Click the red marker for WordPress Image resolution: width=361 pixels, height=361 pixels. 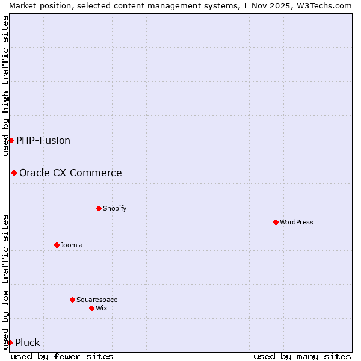pos(276,222)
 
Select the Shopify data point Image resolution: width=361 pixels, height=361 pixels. pos(99,208)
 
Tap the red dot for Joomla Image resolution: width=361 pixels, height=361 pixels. pos(57,245)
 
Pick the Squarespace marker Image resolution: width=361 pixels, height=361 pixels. pos(72,300)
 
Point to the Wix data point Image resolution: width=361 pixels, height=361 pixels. pos(91,308)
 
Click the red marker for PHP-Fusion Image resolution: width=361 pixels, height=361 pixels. pos(11,140)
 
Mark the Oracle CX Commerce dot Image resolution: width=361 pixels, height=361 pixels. pos(14,173)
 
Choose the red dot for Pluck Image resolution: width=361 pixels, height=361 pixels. pos(10,342)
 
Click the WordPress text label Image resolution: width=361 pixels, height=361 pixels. pos(297,222)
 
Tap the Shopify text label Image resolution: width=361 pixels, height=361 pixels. pos(114,208)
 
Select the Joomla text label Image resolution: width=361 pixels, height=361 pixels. pos(72,245)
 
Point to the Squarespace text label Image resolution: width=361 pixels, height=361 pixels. pos(97,300)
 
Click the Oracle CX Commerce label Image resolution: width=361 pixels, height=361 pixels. pos(70,173)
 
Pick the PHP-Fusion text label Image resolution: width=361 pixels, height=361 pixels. pos(43,140)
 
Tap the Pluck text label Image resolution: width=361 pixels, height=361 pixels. pos(28,342)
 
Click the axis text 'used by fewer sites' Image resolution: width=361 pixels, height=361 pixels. pos(62,356)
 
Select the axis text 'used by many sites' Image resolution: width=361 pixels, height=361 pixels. pos(302,356)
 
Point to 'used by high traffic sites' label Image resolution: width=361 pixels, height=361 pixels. pos(5,85)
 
